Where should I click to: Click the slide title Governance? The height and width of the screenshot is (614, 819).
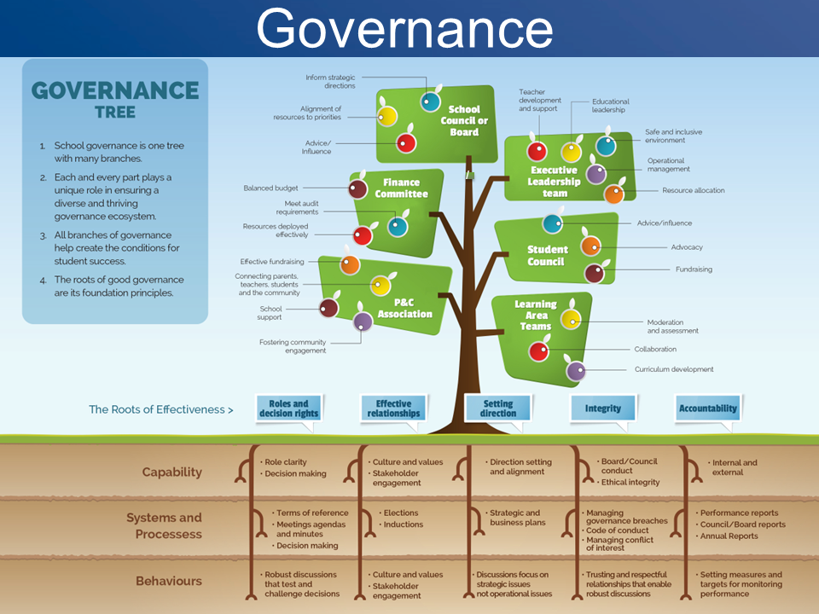(404, 29)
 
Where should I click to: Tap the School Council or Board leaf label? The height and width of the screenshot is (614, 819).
(464, 120)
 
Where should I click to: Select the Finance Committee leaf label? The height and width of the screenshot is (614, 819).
(401, 188)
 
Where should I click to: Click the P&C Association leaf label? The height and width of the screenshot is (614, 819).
(404, 308)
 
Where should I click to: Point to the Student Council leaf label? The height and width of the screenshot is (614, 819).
(546, 255)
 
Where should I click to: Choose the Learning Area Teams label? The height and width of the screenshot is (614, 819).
(536, 316)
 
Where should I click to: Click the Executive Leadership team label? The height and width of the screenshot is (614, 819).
(555, 182)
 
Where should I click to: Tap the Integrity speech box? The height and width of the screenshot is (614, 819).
(603, 408)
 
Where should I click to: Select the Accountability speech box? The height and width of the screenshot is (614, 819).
(708, 408)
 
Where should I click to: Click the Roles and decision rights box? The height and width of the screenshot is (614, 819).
(289, 408)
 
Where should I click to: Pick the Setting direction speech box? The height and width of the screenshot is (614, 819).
(497, 408)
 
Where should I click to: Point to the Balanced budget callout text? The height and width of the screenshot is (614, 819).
(270, 188)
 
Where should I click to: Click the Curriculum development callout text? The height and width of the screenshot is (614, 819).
(674, 369)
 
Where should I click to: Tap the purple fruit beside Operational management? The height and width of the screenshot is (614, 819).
(596, 174)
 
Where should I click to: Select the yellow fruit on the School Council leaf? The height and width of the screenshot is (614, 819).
(387, 116)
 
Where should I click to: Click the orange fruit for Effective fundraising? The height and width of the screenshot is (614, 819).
(350, 264)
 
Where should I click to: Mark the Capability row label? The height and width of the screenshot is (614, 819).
(171, 472)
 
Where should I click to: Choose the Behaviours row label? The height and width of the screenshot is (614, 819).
(169, 581)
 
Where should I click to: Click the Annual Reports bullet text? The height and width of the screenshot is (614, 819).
(729, 536)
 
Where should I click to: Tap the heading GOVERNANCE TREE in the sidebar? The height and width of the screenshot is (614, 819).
(115, 99)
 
